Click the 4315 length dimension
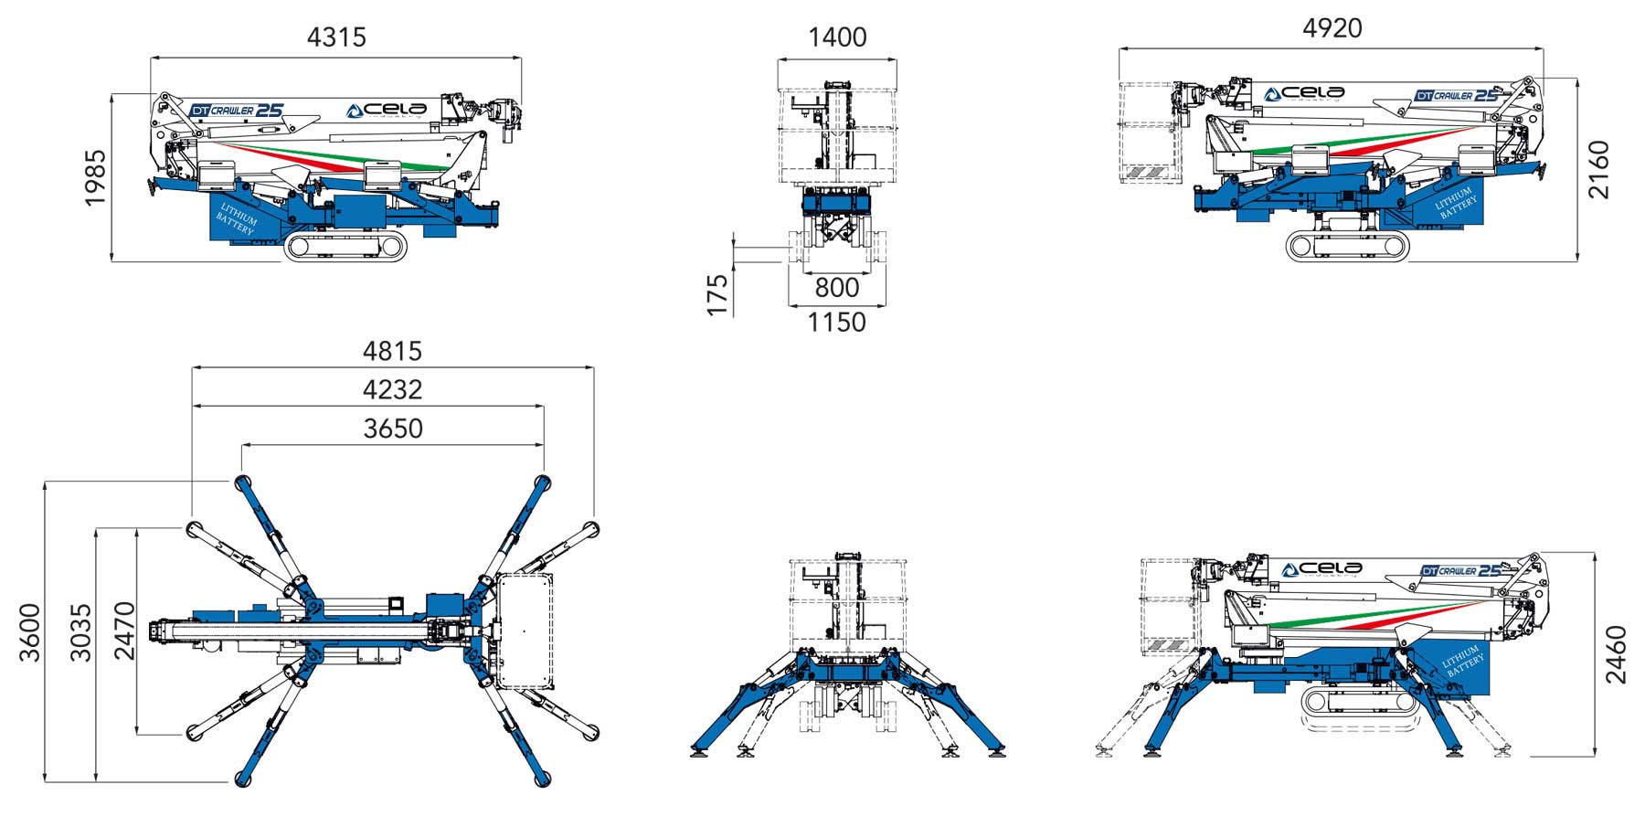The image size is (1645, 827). point(336,37)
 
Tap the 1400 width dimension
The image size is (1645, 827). point(837,37)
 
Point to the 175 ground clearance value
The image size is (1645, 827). point(718,294)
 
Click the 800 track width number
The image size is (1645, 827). point(837,288)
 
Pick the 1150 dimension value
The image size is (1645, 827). point(837,323)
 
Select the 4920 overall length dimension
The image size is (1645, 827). point(1332,28)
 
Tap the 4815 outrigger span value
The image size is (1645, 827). point(392,351)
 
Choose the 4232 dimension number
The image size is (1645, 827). point(392,390)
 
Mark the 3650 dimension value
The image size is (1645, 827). point(392,429)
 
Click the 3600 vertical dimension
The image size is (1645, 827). point(29,632)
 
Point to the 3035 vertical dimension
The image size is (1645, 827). point(81,632)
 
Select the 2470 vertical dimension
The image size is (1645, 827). point(123,631)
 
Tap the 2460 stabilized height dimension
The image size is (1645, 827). point(1617,654)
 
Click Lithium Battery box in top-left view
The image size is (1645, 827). point(236,219)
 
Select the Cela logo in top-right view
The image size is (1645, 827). point(1304,93)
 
